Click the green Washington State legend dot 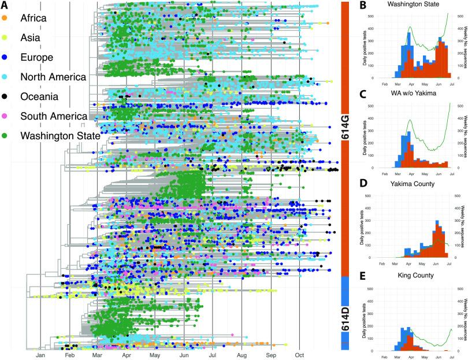(x=5, y=136)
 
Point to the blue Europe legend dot (x=5, y=57)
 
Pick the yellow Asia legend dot (x=5, y=38)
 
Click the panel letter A (x=5, y=5)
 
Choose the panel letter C (x=362, y=94)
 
